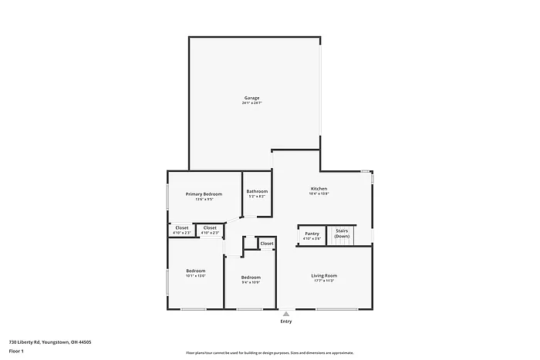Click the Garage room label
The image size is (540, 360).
click(251, 98)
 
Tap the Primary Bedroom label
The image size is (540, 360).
click(204, 194)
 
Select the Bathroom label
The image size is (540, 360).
click(257, 191)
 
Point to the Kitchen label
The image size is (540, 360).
click(319, 189)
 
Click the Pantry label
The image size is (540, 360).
click(312, 234)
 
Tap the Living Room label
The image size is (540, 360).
click(324, 275)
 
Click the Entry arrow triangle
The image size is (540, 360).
click(285, 314)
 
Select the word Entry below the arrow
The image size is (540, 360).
click(286, 321)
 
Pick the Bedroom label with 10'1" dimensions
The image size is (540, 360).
click(195, 271)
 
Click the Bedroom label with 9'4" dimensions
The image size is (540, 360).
click(251, 277)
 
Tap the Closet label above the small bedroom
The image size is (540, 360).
click(267, 244)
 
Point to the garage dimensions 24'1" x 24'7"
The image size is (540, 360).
click(251, 103)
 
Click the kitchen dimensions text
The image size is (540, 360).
click(319, 194)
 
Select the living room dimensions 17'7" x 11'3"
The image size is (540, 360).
click(324, 281)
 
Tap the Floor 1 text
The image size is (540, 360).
click(17, 351)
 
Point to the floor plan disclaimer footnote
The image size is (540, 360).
click(270, 352)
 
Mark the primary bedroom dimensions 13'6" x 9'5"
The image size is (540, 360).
click(204, 200)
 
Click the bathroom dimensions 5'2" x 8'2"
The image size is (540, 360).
click(257, 197)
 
